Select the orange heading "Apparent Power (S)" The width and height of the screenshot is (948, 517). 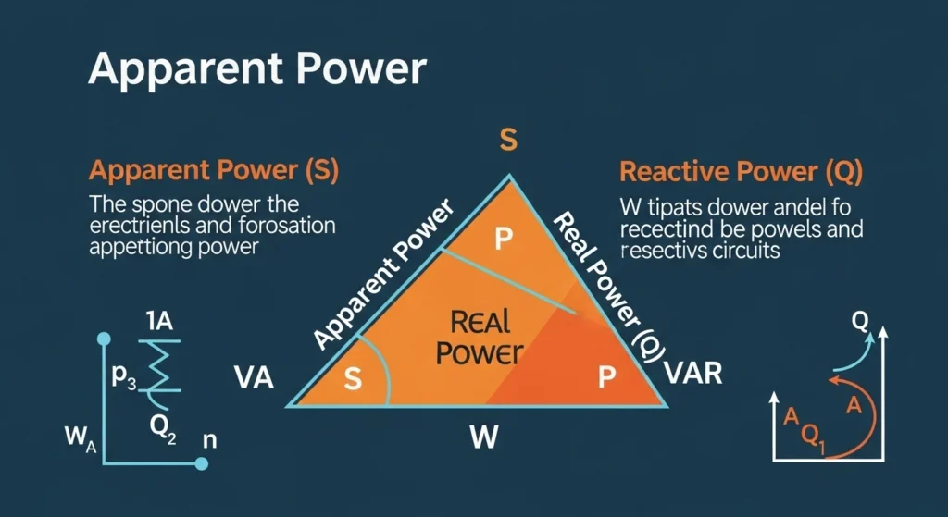point(213,171)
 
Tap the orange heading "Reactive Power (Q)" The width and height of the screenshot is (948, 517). point(741,171)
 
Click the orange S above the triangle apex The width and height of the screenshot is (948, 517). point(507,141)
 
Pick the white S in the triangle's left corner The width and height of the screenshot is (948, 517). point(353,378)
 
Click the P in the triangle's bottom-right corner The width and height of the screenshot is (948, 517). point(606,377)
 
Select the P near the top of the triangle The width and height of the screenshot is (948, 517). point(503,240)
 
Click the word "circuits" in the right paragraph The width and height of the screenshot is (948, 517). point(738,249)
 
